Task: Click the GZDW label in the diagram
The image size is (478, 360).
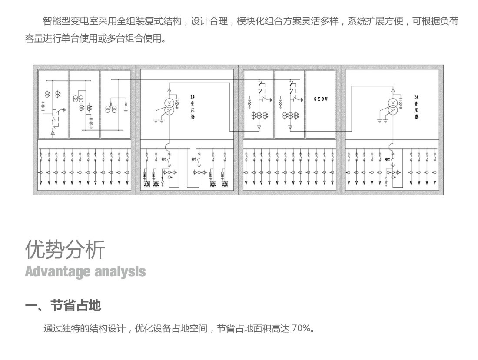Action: pos(321,99)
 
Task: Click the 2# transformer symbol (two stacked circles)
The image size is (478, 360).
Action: pos(393,106)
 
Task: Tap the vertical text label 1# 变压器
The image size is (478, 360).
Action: pos(192,107)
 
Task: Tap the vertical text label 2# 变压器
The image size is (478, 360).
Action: pos(416,107)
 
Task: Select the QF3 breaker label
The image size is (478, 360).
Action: pos(194,159)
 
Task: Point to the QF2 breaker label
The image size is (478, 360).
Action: pos(388,159)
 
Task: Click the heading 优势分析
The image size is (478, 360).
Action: pos(65,249)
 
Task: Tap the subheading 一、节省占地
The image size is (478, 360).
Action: pos(63,305)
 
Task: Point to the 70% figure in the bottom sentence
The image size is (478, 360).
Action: pos(301,328)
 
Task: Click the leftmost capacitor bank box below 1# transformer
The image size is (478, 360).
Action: pos(147,185)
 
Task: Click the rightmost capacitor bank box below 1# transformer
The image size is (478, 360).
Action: pos(225,185)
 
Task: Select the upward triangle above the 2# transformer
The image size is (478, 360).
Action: pos(393,90)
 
